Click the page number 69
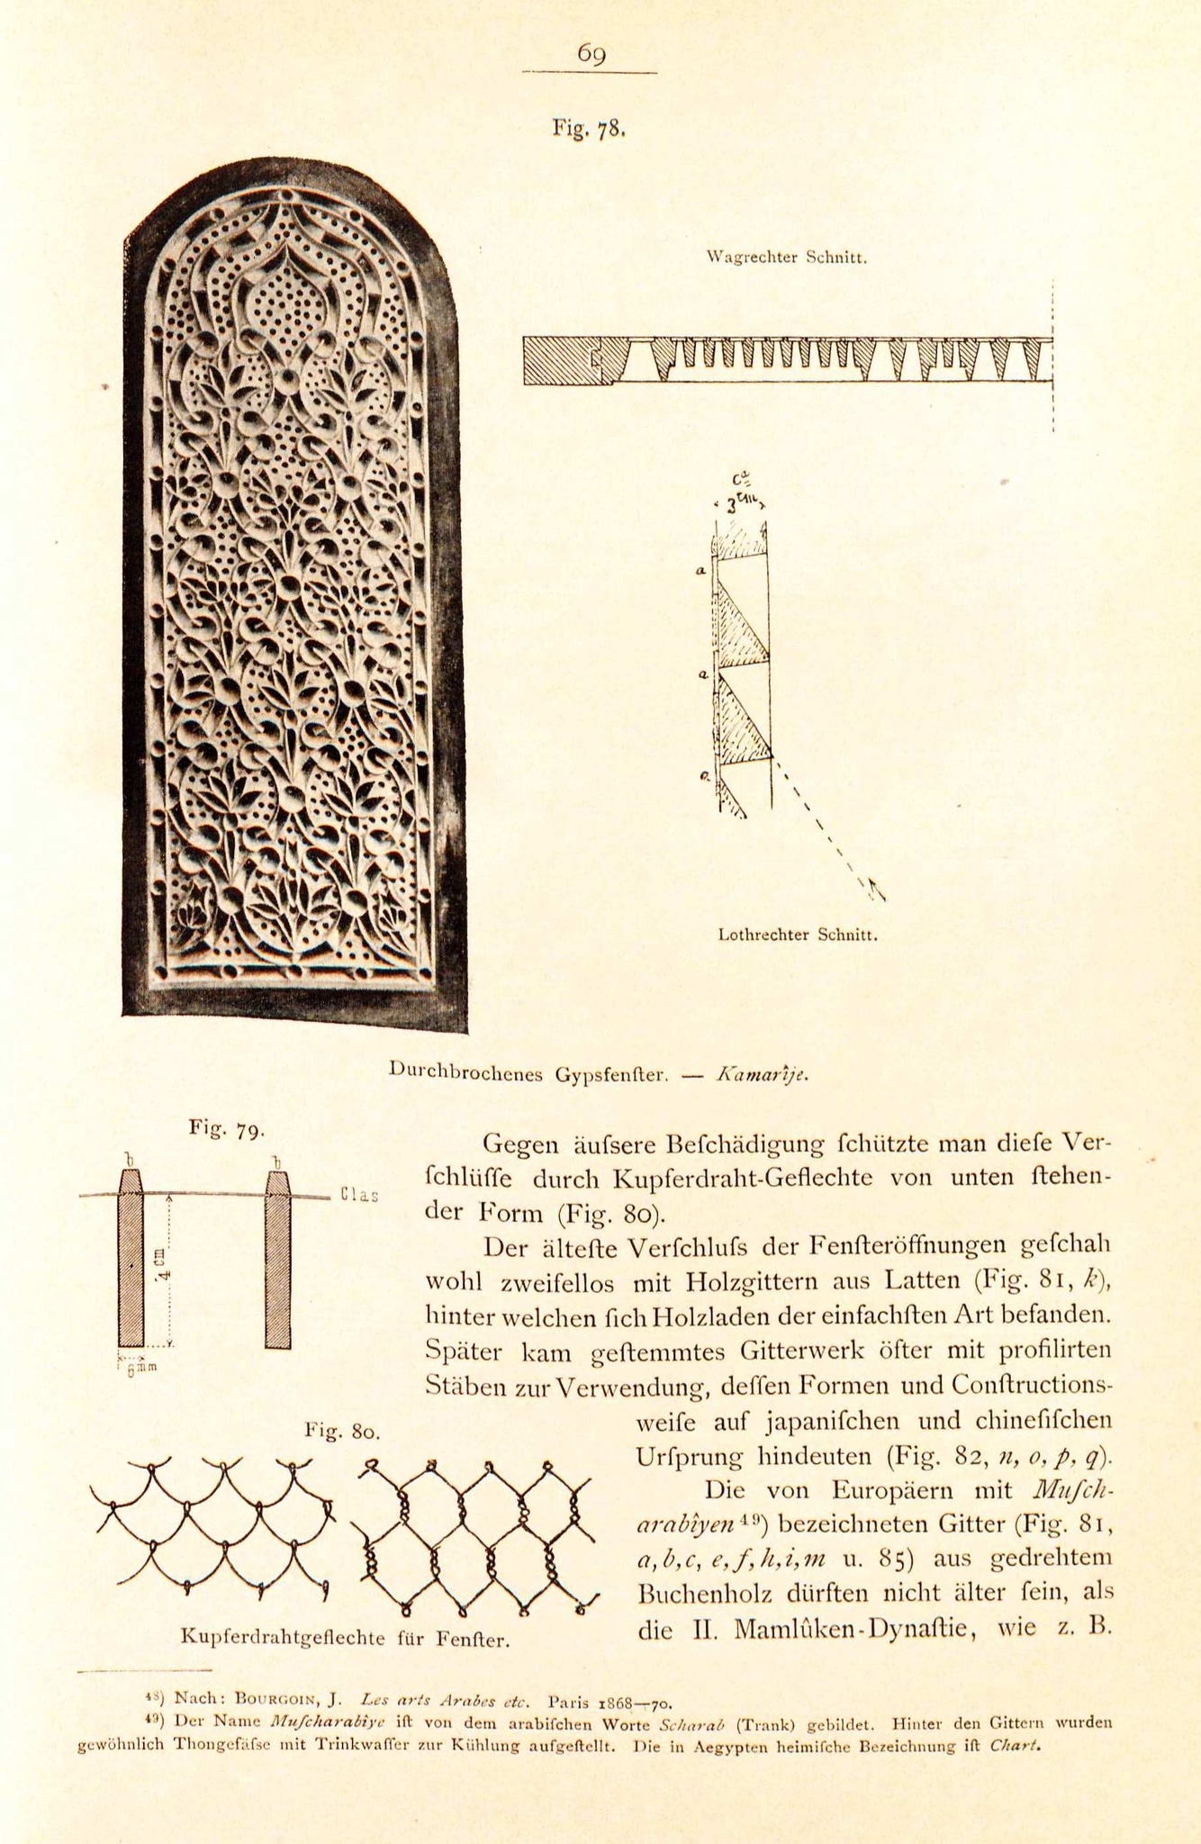point(591,55)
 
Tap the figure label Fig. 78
point(589,128)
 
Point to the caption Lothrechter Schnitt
point(798,935)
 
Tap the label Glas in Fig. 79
point(360,1196)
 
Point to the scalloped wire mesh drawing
point(213,1528)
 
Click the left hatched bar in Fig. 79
point(131,1261)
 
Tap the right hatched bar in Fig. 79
point(278,1261)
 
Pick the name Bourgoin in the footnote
point(279,1700)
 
